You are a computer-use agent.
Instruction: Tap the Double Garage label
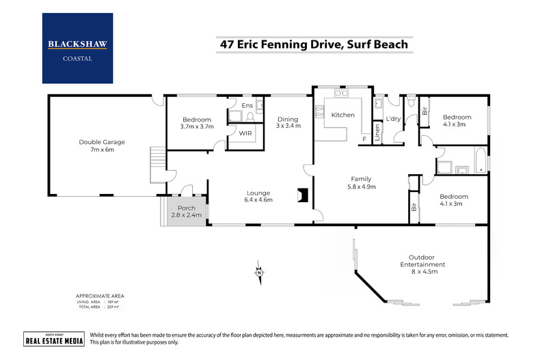(102, 142)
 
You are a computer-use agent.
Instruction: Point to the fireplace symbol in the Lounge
(301, 196)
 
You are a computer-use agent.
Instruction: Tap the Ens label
(247, 105)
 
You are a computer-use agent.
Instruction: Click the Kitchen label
(342, 115)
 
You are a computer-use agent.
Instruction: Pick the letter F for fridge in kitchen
(364, 139)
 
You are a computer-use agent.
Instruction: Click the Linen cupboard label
(377, 130)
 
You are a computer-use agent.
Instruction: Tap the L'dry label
(393, 119)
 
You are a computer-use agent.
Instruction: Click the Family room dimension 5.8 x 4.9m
(362, 186)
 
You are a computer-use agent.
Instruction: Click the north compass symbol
(259, 272)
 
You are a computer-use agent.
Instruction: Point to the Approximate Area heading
(100, 296)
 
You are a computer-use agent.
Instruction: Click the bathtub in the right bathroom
(479, 161)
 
